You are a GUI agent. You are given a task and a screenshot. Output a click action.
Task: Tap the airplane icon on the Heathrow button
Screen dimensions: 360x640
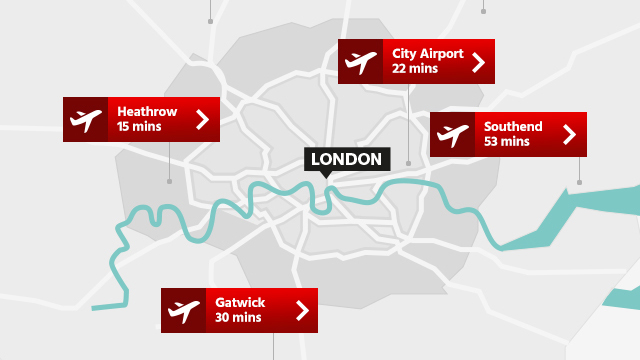click(x=86, y=120)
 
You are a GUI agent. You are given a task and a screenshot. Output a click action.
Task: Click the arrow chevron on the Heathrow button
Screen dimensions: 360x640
click(x=203, y=120)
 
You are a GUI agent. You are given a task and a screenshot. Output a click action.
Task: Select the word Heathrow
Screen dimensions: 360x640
click(x=146, y=111)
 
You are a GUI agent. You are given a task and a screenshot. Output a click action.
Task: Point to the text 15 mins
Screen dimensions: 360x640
click(x=139, y=128)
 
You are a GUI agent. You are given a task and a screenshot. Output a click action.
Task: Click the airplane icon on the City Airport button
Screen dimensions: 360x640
click(x=360, y=62)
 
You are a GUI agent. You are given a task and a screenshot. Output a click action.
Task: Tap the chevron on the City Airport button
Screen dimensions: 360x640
click(x=478, y=62)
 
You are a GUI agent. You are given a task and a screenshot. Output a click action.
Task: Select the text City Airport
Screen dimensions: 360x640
click(x=428, y=53)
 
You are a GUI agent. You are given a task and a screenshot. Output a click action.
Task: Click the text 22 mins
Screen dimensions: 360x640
click(x=414, y=70)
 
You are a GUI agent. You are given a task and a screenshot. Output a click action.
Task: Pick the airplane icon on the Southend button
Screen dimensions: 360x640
click(x=452, y=135)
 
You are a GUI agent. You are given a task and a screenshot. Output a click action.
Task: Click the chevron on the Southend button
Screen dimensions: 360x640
click(x=570, y=135)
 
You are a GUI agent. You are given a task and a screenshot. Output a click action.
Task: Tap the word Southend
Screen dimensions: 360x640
click(x=513, y=126)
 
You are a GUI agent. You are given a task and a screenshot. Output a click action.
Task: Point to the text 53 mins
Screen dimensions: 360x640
click(x=507, y=143)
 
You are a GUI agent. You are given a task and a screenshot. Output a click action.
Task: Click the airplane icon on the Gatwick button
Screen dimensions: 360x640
click(x=183, y=310)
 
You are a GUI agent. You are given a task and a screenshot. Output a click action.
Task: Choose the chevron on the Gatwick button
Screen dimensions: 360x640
click(x=301, y=310)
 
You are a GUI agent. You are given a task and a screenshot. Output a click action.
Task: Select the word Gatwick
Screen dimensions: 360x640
click(x=240, y=301)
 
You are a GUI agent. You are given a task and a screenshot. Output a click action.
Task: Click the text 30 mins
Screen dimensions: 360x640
click(x=238, y=318)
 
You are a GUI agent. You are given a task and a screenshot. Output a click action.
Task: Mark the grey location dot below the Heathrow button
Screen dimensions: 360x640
click(x=169, y=181)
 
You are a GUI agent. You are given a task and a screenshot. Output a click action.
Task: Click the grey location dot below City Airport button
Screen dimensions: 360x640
click(x=408, y=162)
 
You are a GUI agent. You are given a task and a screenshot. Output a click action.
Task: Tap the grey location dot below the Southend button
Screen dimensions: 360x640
click(x=579, y=182)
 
